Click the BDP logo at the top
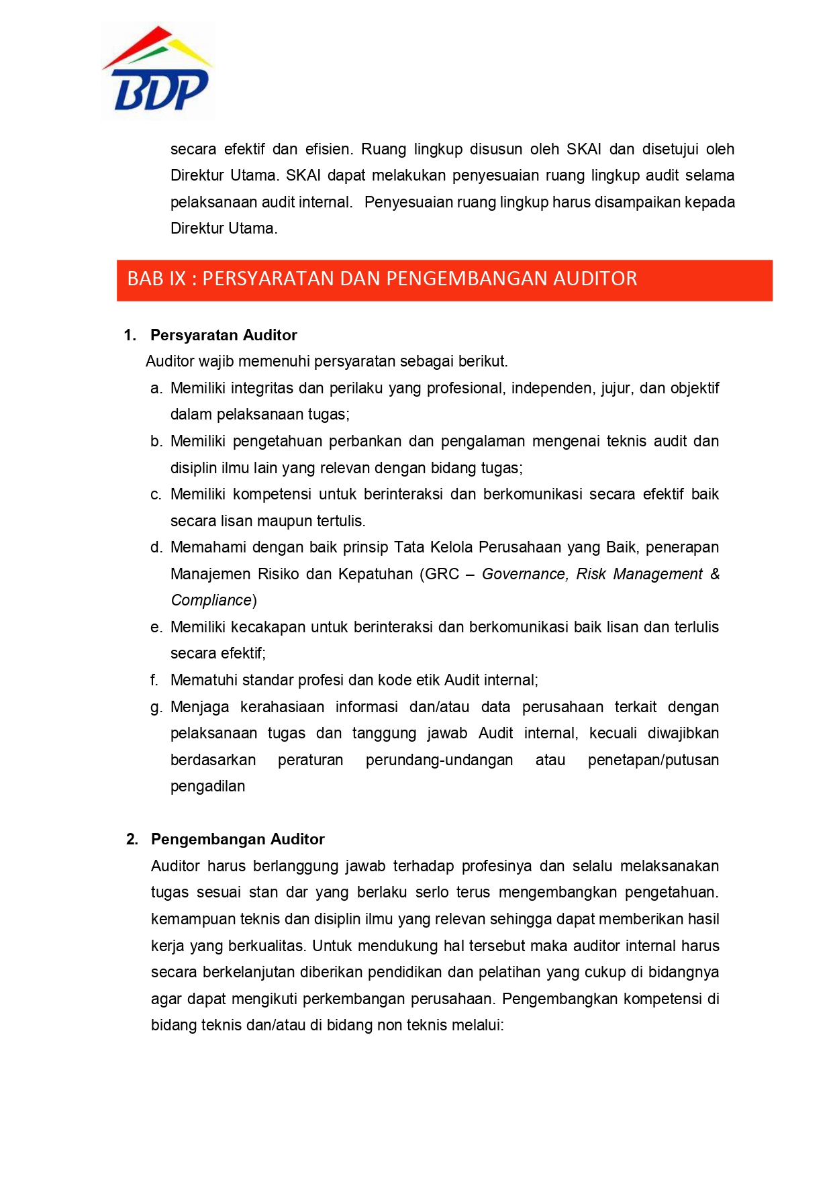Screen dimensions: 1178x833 tap(158, 70)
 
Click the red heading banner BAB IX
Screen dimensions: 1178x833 tap(444, 279)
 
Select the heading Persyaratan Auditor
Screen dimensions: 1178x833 tap(224, 335)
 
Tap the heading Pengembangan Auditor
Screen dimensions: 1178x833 tap(238, 839)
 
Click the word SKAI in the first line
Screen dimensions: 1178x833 tap(584, 149)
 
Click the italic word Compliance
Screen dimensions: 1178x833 tap(211, 600)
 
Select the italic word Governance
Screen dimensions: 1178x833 tap(524, 574)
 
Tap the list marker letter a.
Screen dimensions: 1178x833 tap(156, 388)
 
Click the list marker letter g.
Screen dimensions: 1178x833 tap(156, 707)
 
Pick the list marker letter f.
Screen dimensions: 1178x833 tap(154, 680)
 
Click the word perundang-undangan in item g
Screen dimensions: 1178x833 tap(439, 760)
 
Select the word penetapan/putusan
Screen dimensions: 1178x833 tap(653, 760)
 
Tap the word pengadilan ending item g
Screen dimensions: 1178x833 tap(207, 786)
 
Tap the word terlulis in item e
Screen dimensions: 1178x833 tap(693, 627)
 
